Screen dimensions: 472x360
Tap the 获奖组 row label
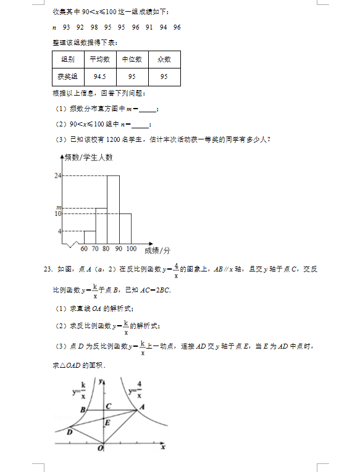click(68, 77)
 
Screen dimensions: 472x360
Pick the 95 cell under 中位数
click(132, 77)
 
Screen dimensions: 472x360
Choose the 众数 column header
click(164, 59)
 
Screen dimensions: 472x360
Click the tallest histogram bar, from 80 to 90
click(113, 210)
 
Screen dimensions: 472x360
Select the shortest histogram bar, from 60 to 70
click(90, 237)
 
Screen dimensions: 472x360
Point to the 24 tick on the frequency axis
click(57, 176)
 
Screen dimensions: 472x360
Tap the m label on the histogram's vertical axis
click(59, 207)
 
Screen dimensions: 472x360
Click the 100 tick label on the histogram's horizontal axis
click(131, 249)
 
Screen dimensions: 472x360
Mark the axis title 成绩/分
click(157, 250)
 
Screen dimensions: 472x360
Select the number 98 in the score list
click(94, 27)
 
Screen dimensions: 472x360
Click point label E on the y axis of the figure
click(107, 423)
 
